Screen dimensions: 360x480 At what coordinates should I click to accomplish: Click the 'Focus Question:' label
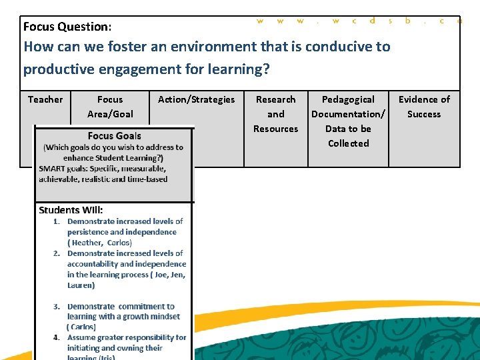(x=67, y=27)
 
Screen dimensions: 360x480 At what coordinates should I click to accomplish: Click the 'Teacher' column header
(x=45, y=99)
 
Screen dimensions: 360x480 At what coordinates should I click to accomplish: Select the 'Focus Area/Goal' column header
(x=110, y=107)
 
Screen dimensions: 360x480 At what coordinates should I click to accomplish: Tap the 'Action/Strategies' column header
(x=196, y=99)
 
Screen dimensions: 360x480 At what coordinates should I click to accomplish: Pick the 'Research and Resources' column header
(x=275, y=114)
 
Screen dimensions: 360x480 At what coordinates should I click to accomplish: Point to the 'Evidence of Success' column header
(x=424, y=107)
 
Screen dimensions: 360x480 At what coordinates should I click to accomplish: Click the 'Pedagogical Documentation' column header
(x=348, y=107)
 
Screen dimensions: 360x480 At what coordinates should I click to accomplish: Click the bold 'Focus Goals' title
(x=114, y=136)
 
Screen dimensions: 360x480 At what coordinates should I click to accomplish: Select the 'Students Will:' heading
(x=71, y=210)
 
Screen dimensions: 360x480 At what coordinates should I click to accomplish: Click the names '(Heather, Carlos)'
(x=99, y=243)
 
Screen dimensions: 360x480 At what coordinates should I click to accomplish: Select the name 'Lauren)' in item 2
(x=81, y=285)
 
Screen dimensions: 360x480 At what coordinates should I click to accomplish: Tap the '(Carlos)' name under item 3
(x=81, y=327)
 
